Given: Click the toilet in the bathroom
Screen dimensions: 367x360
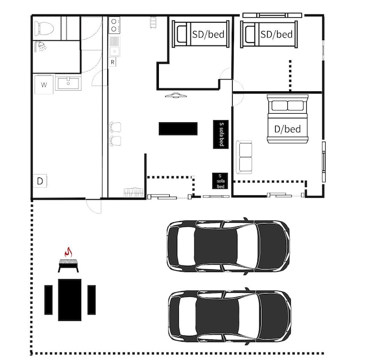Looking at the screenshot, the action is click(x=44, y=28).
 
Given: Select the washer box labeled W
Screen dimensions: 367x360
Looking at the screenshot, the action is click(x=44, y=84).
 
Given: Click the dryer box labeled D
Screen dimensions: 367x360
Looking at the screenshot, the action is click(x=40, y=181).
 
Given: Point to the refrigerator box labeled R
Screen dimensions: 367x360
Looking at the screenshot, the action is click(x=112, y=62).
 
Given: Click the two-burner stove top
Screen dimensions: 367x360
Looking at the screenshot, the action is click(x=114, y=25).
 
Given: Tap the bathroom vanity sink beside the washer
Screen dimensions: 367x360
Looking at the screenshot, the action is click(x=68, y=83).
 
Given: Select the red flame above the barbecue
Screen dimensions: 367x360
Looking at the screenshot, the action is click(x=68, y=252).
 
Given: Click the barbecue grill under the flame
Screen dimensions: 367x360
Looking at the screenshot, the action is click(x=68, y=265).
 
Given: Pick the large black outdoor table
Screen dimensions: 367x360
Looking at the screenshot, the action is click(x=70, y=300).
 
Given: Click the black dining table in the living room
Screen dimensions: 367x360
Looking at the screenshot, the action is click(x=178, y=129).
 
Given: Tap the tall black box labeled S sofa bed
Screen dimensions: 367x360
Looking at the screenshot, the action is click(x=221, y=134).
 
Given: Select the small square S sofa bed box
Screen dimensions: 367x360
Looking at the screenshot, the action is click(x=220, y=181).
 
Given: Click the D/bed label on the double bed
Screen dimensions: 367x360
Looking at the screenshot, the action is click(x=287, y=129).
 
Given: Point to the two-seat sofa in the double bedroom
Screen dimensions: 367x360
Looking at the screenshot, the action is click(x=244, y=157).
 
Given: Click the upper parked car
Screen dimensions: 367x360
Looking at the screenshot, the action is click(x=228, y=246).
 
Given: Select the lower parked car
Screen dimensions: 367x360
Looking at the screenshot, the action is click(x=230, y=316).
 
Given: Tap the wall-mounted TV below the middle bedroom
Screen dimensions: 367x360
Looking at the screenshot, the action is click(x=176, y=95).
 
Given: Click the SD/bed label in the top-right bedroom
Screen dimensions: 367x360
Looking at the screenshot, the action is click(x=276, y=34).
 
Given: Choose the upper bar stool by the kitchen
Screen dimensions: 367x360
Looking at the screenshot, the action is click(x=115, y=127).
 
